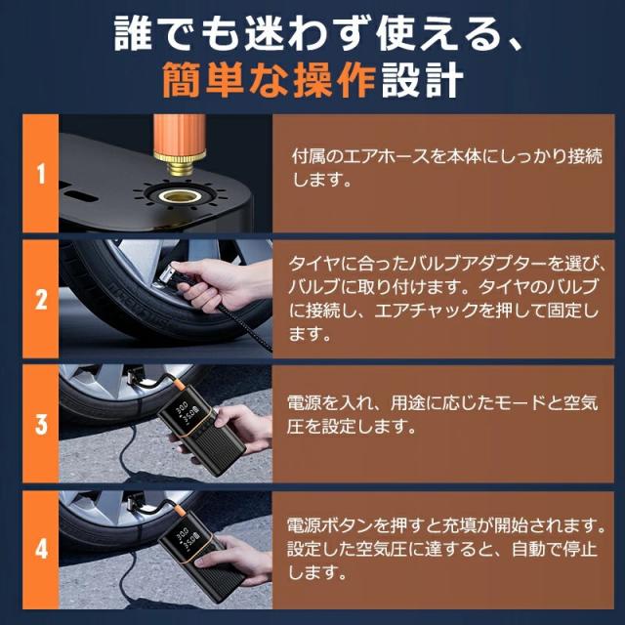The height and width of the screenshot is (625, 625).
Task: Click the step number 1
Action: click(x=41, y=174)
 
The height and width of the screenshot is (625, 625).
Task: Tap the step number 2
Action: click(x=41, y=300)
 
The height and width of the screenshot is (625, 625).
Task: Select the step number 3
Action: click(x=41, y=424)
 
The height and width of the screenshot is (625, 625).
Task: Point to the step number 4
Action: click(x=41, y=549)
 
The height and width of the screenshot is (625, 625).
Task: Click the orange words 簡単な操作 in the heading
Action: click(x=270, y=80)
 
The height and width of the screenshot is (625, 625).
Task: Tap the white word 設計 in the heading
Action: click(x=423, y=80)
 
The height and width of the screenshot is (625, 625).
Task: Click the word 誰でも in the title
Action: click(x=174, y=34)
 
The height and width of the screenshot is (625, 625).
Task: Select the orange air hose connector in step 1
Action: click(x=180, y=136)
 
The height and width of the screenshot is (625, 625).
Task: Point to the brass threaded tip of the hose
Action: click(x=180, y=165)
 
